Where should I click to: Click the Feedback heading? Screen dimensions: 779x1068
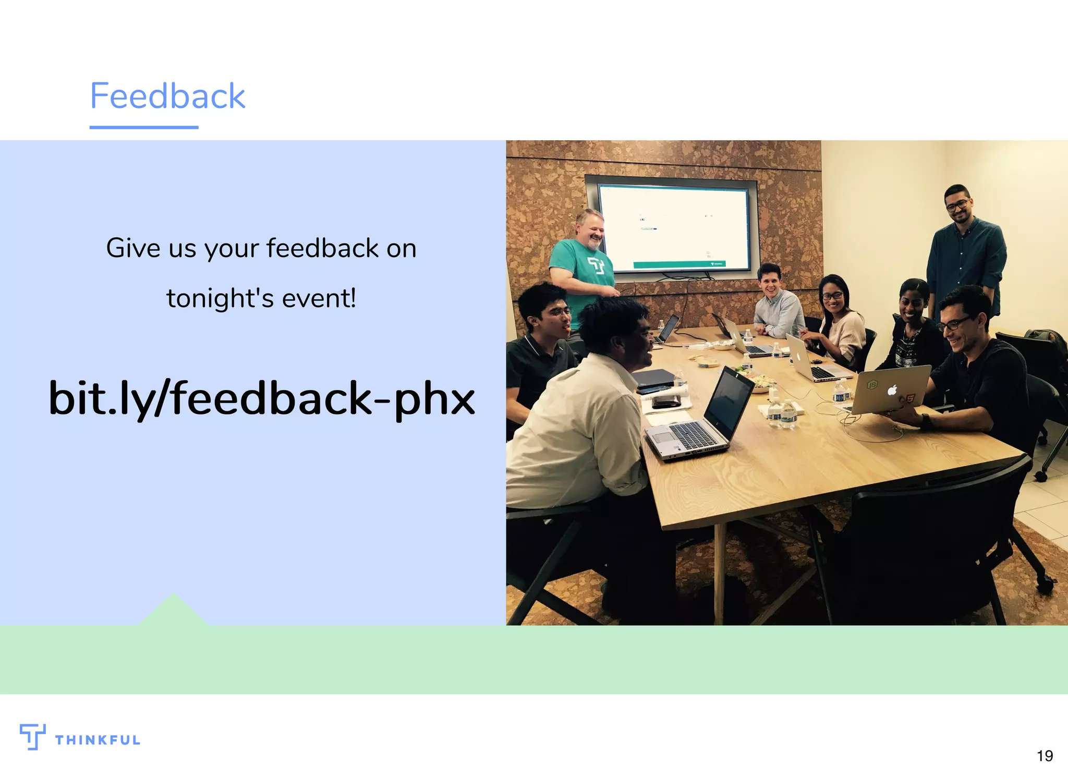pos(167,96)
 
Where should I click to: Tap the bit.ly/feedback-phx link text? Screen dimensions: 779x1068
pos(262,398)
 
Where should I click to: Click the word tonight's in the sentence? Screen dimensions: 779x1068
pos(220,299)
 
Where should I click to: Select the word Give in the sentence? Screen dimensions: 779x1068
pos(133,248)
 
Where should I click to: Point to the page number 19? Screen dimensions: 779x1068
pos(1045,756)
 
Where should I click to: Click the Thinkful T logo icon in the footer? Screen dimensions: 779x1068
pos(32,736)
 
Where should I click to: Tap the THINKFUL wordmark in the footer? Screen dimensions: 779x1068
pos(98,740)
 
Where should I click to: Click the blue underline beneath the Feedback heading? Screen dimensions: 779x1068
pos(144,127)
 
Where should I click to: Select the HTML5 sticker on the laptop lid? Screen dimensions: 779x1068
pos(910,399)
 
